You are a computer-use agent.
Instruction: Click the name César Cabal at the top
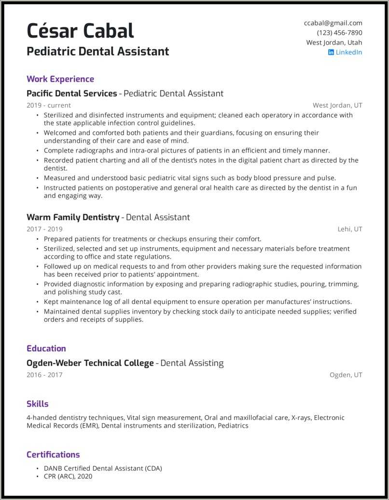[80, 31]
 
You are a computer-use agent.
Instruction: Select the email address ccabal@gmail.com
[333, 23]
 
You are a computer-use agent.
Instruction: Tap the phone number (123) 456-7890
[339, 33]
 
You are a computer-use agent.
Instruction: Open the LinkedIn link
[348, 52]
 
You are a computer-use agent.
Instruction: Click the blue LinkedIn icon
[331, 52]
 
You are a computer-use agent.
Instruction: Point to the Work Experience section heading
[60, 79]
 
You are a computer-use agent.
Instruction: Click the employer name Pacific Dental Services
[72, 93]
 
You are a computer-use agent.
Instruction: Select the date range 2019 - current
[49, 105]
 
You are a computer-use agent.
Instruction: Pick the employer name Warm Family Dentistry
[73, 217]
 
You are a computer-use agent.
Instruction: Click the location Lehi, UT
[350, 229]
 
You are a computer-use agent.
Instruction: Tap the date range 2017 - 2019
[44, 229]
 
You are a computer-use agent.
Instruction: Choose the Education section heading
[46, 348]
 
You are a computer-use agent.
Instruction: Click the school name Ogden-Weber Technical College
[90, 363]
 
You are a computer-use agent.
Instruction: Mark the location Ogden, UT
[346, 375]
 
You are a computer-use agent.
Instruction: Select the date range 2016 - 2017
[44, 375]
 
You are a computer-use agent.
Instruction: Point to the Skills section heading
[38, 404]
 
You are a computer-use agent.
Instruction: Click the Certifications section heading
[53, 454]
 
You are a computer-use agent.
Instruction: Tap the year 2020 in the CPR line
[84, 476]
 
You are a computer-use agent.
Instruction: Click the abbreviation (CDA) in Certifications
[153, 468]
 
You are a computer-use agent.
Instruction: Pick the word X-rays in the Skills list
[301, 418]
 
